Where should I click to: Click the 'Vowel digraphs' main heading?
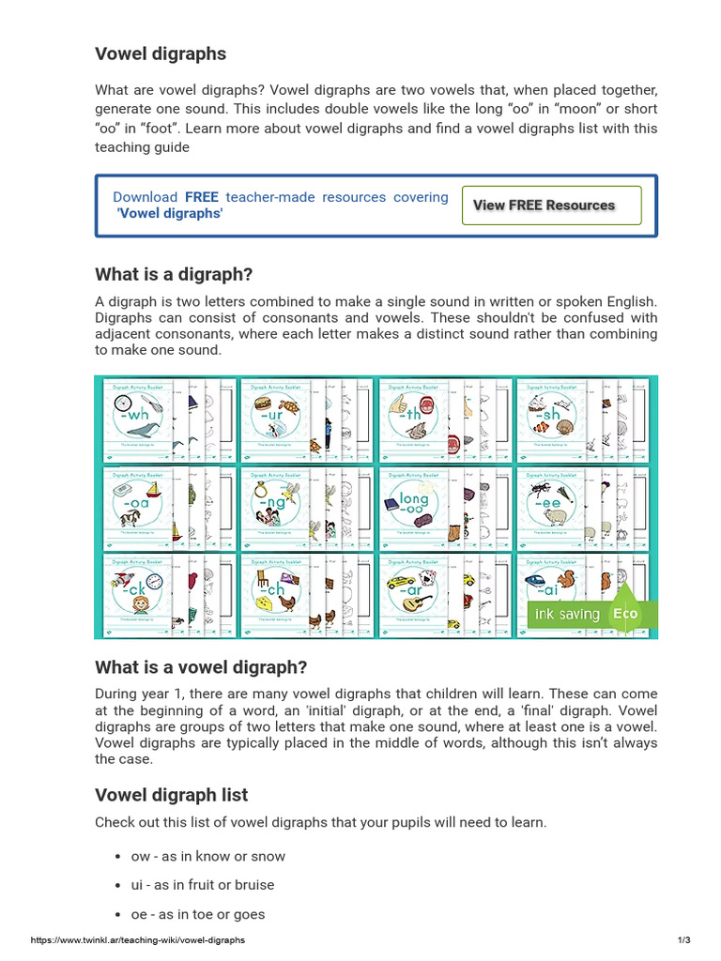coord(161,53)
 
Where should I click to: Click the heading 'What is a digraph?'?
coord(174,274)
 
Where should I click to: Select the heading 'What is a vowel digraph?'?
coord(201,667)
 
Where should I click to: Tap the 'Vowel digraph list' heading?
coord(171,795)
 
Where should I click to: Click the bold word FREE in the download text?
coord(201,197)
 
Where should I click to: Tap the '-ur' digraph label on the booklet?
coord(270,414)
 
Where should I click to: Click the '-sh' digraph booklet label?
coord(547,414)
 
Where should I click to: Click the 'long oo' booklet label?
coord(413,504)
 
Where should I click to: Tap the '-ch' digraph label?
coord(272,590)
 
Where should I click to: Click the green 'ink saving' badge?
coord(566,614)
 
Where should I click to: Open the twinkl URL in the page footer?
coord(138,939)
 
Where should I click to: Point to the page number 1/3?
coord(683,939)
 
